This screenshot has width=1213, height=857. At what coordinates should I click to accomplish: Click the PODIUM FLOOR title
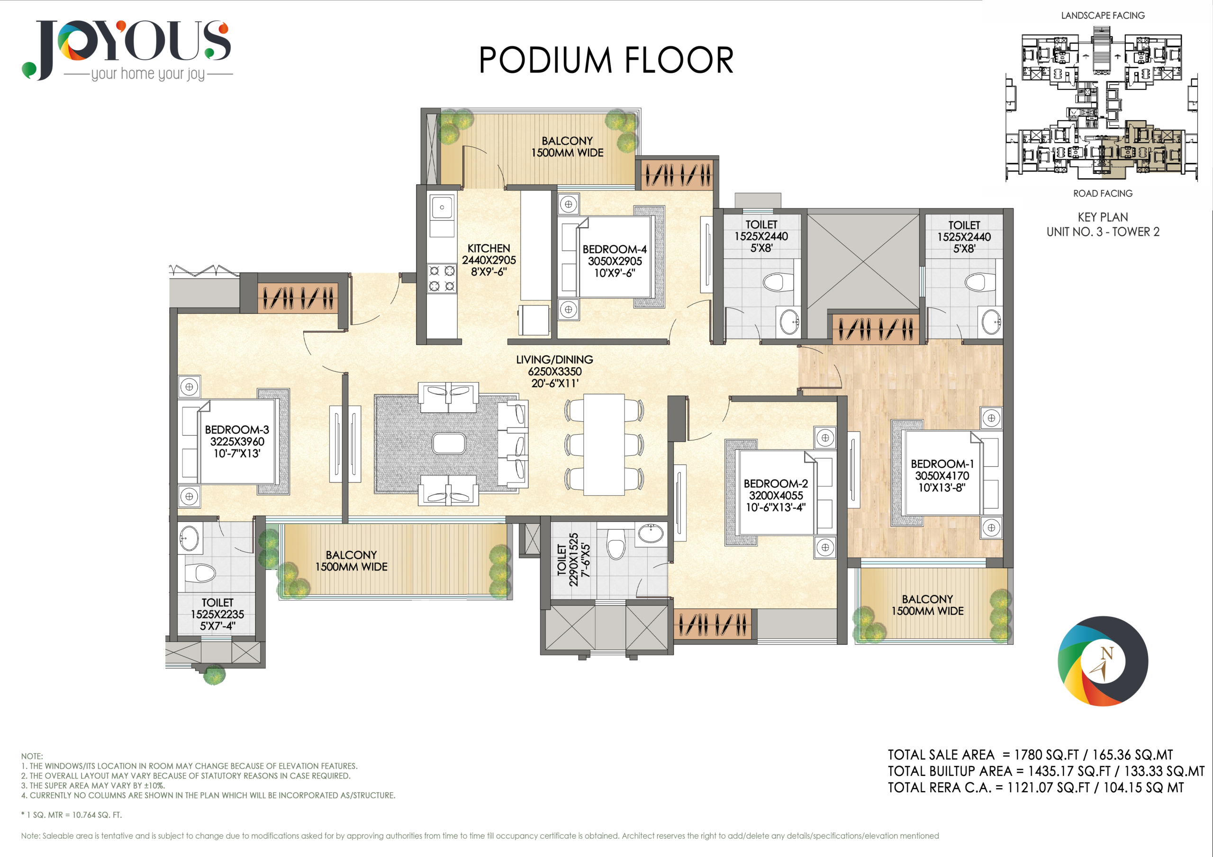point(606,60)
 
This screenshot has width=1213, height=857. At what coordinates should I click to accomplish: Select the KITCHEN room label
point(489,248)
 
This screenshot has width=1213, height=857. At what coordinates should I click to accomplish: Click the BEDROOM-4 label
point(615,249)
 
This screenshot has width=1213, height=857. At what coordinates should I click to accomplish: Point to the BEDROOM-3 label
point(237,430)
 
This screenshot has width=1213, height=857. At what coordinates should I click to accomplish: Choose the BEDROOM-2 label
point(776,484)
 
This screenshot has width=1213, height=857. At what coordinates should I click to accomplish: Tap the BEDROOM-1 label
point(942,464)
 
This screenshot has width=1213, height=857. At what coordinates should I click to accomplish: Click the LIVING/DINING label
point(554,359)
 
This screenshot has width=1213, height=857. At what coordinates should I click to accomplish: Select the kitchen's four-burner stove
point(442,279)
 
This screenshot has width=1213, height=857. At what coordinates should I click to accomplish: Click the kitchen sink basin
point(442,207)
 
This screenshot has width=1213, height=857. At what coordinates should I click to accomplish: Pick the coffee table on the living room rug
point(449,444)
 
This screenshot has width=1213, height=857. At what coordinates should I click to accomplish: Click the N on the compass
point(1106,654)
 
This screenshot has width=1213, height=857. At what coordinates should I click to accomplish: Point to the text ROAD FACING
point(1103,194)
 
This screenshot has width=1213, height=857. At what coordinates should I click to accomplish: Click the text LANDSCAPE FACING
point(1103,16)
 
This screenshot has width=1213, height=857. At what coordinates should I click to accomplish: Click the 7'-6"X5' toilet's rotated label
point(573,560)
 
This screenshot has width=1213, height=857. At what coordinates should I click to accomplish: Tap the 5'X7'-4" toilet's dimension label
point(217,626)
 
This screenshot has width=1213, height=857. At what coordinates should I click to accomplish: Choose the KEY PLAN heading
point(1103,217)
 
